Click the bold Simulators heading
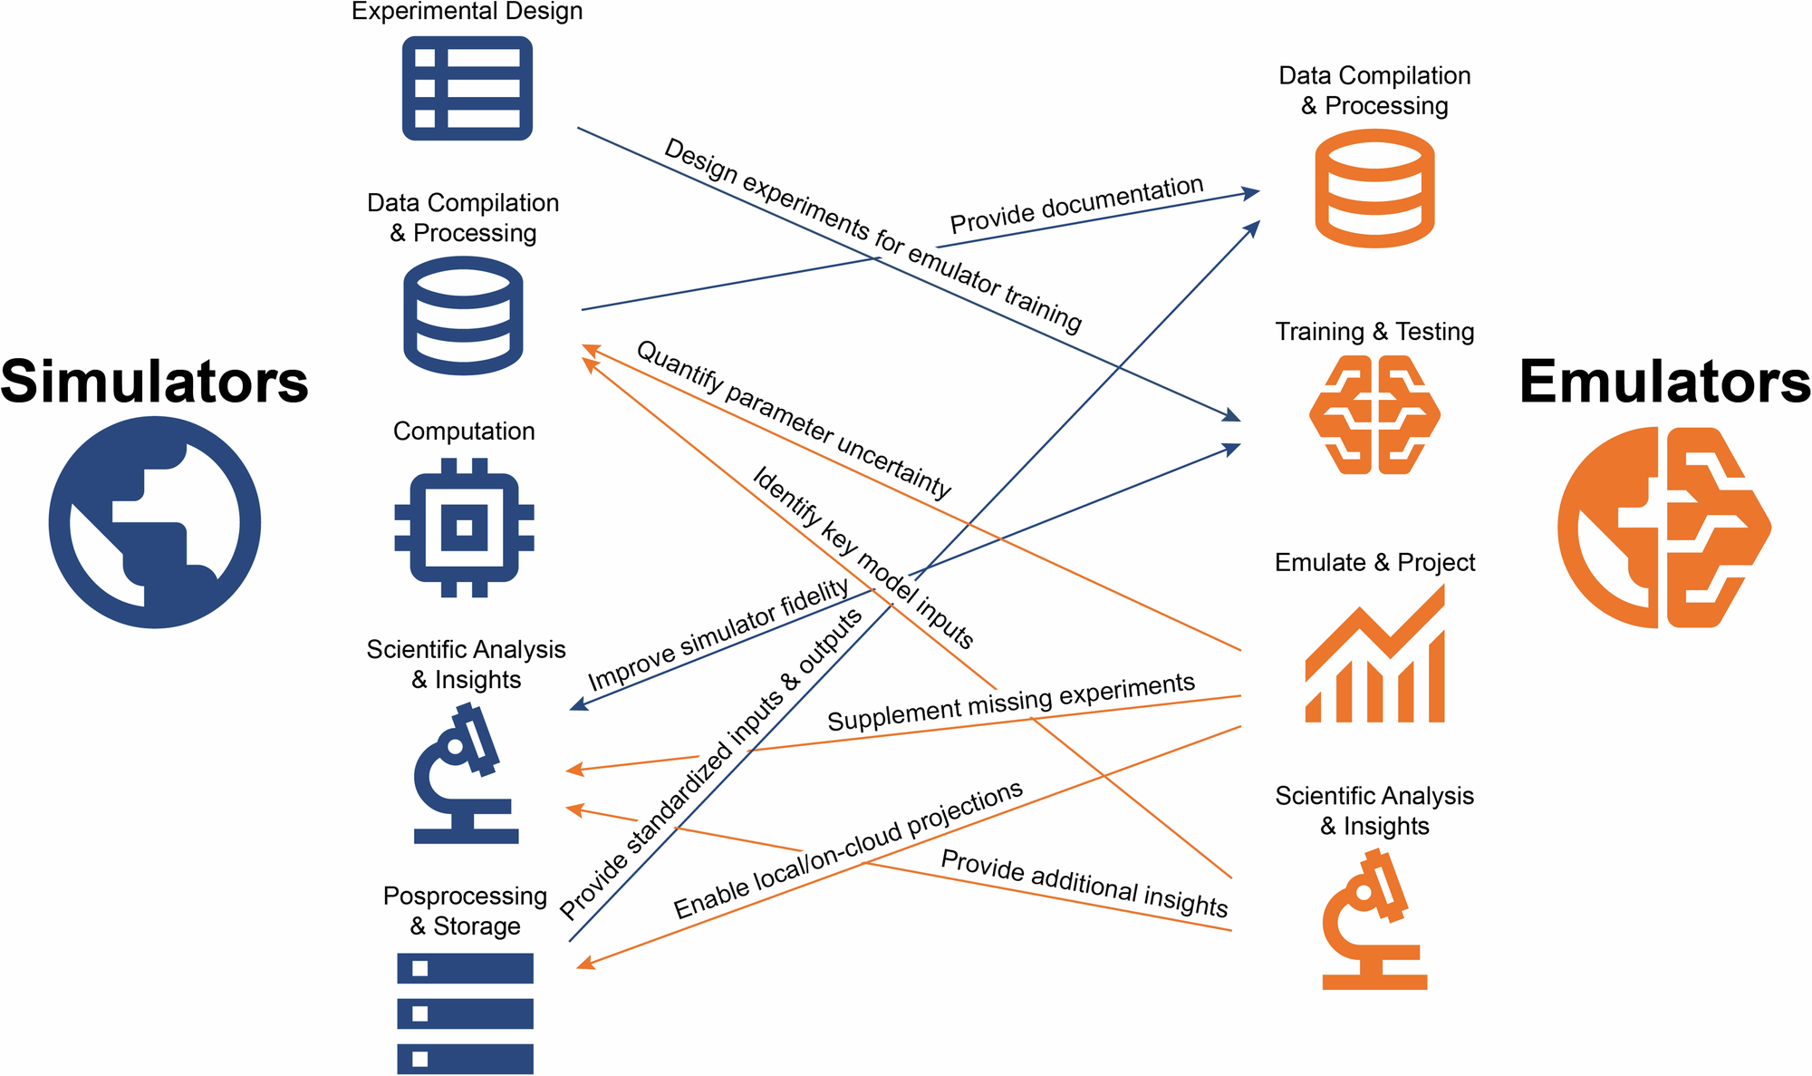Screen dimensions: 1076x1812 [x=154, y=382]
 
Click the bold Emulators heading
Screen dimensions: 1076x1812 [x=1663, y=382]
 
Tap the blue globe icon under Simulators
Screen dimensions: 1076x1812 [x=155, y=522]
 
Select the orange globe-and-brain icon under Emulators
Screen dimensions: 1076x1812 [x=1663, y=528]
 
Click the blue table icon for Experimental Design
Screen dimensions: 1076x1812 [x=467, y=88]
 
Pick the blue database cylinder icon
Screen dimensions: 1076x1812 [x=463, y=315]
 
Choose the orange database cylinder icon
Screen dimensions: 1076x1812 [x=1374, y=189]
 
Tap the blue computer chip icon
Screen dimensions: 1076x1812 [x=464, y=528]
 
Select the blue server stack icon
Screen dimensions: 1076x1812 [x=465, y=1013]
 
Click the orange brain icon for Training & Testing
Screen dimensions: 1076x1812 [x=1374, y=415]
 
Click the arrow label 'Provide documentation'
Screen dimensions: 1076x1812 [x=1076, y=205]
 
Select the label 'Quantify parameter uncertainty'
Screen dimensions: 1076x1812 [x=794, y=420]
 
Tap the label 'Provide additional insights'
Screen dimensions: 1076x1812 [x=1084, y=883]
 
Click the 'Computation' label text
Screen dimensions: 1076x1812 [x=464, y=431]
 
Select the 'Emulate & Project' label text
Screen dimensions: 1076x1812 [x=1374, y=563]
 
